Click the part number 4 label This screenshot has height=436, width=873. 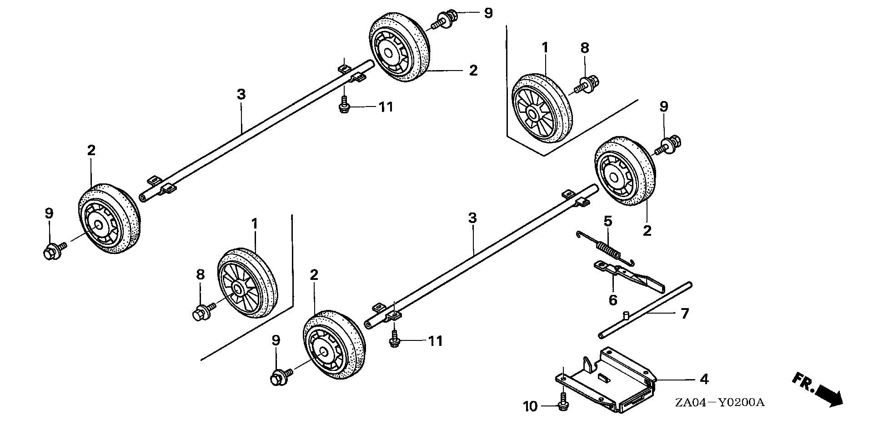[704, 379]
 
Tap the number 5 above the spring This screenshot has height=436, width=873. [608, 222]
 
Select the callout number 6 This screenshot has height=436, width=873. [613, 300]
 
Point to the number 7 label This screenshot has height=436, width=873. [684, 314]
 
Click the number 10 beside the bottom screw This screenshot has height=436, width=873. [530, 406]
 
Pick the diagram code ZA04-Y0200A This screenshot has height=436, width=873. [719, 402]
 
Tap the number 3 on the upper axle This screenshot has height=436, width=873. [241, 95]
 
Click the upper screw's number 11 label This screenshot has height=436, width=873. [386, 107]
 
